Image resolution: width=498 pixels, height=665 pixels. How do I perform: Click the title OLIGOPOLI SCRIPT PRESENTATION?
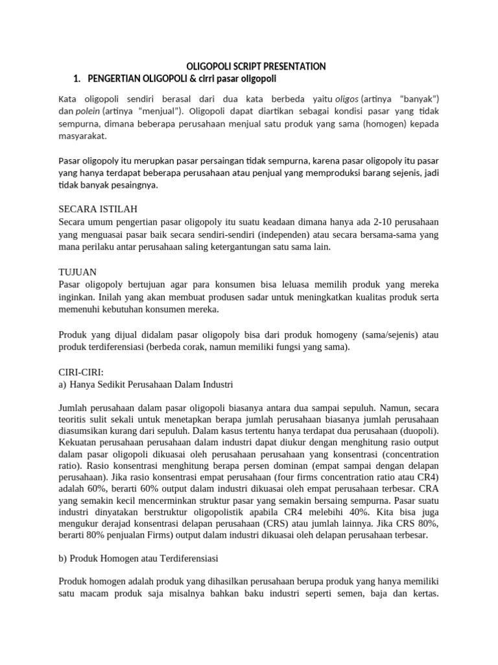[x=256, y=66]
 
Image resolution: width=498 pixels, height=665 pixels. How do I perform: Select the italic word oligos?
[x=346, y=98]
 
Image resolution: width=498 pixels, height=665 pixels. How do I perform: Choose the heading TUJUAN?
[x=77, y=272]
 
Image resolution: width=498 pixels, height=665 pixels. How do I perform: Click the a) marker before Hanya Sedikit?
[x=63, y=384]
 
